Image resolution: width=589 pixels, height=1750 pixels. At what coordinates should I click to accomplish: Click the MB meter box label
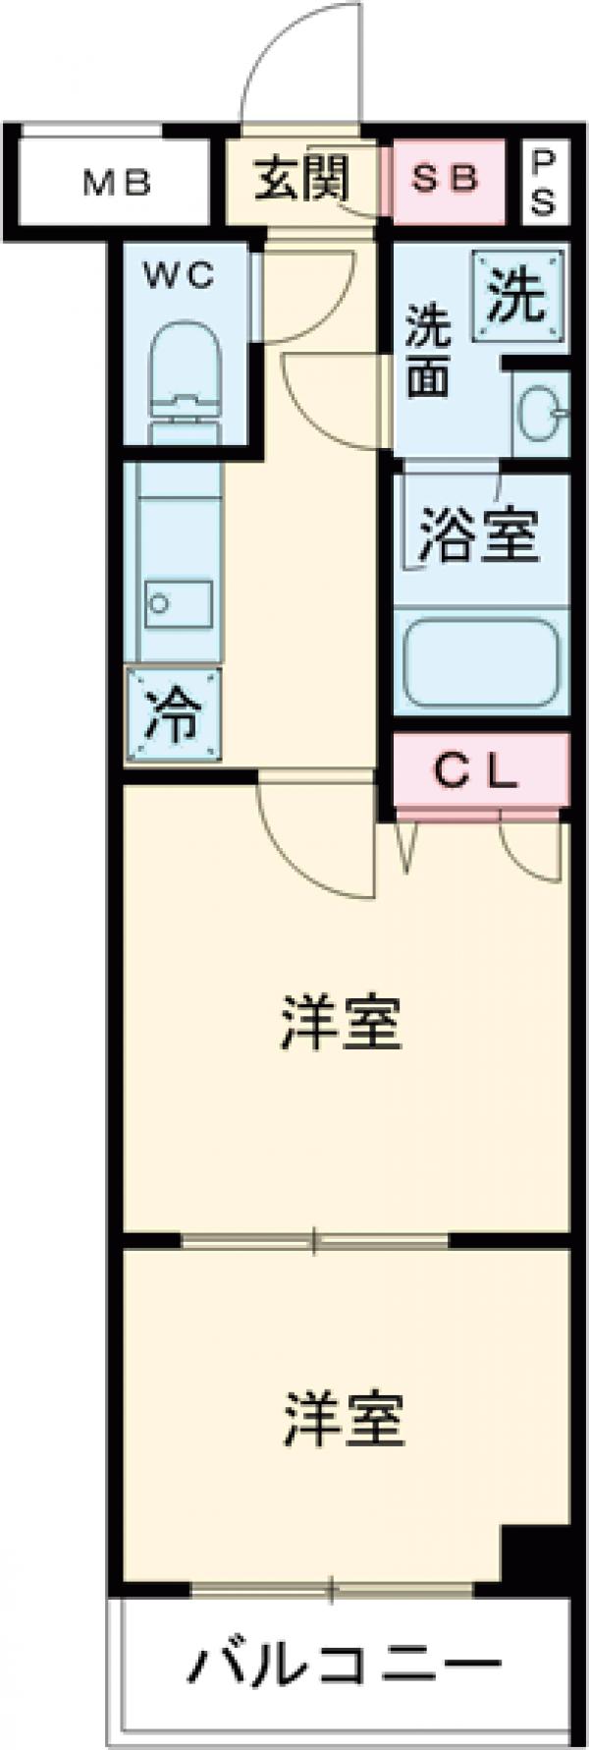(116, 183)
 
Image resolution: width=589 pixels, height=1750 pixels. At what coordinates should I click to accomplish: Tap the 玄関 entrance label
(301, 180)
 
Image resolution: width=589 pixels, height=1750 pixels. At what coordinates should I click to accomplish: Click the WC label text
(180, 277)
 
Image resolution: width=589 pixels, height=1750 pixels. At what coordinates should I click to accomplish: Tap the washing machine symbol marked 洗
(517, 296)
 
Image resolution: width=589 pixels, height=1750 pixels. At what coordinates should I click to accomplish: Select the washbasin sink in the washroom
(539, 411)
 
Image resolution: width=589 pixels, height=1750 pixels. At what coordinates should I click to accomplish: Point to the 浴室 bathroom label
(478, 536)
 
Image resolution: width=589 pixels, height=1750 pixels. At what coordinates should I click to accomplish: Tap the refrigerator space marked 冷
(173, 715)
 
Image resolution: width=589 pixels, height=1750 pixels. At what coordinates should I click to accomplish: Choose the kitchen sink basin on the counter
(179, 600)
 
